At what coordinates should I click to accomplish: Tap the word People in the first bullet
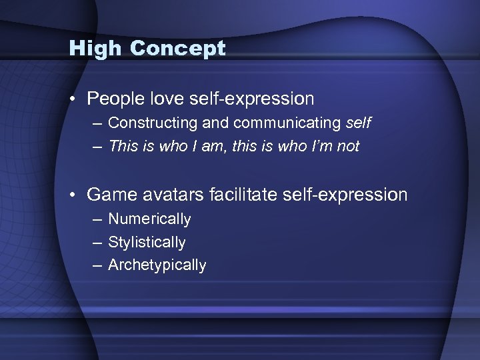coord(115,99)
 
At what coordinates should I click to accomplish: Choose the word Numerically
coord(149,219)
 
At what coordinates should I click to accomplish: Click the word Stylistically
coord(147,242)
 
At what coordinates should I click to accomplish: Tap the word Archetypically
coord(157,265)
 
